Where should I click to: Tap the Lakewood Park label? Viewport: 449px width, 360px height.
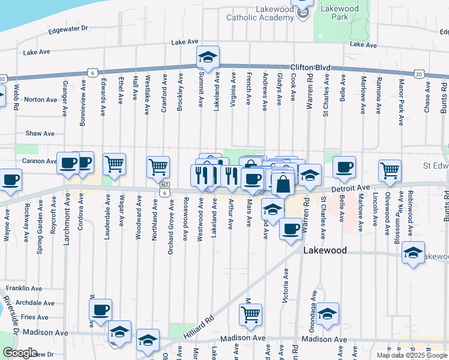tap(339, 13)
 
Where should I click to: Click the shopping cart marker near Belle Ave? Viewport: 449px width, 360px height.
tap(390, 170)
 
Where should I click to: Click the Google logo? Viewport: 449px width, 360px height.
tap(20, 353)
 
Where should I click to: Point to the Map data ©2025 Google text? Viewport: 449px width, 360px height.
tap(412, 355)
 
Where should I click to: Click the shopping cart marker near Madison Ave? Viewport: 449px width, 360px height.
tap(250, 313)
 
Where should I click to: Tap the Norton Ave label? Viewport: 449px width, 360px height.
tap(40, 100)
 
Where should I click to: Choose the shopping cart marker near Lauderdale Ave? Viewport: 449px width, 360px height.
tap(114, 163)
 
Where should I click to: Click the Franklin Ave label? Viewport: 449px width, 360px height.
tap(24, 289)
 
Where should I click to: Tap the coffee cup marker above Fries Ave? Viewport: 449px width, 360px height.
tap(100, 310)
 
